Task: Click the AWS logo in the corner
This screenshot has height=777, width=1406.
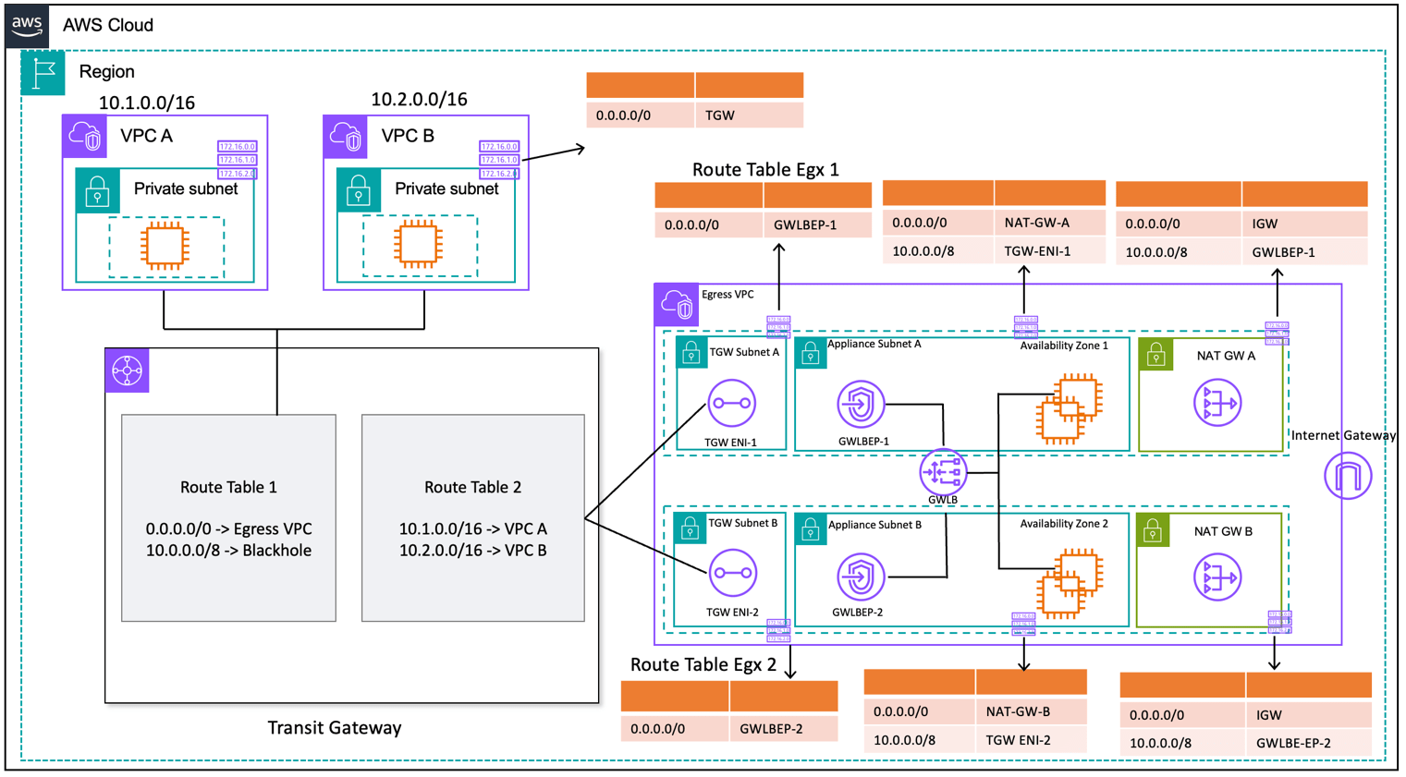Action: coord(27,25)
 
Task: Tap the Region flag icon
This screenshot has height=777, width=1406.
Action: coord(43,73)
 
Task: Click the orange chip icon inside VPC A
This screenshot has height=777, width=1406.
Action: coord(165,246)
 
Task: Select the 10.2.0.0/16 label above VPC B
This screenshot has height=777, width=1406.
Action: coord(419,99)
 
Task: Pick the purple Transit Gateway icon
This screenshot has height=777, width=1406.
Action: coord(127,370)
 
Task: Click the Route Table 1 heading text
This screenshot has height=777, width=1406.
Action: coord(228,487)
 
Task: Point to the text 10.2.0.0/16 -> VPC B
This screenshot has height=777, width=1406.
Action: coord(472,551)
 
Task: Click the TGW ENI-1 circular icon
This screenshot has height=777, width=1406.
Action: coord(731,404)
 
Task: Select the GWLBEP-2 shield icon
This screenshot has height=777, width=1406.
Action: coord(860,577)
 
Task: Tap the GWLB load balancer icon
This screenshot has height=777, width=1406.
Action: coord(942,472)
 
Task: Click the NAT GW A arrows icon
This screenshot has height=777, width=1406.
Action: coord(1216,403)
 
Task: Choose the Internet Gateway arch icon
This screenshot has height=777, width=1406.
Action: coord(1347,476)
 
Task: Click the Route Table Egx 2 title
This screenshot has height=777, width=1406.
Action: coord(703,664)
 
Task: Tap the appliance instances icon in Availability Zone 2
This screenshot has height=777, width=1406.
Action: coord(1069,582)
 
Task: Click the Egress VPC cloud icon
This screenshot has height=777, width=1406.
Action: coord(677,304)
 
